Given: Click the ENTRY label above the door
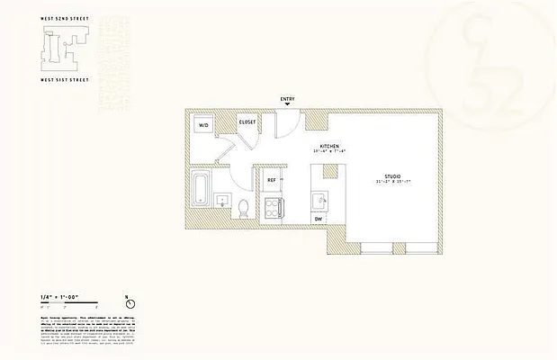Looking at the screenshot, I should tap(287, 100).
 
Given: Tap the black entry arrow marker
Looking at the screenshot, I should tap(287, 107).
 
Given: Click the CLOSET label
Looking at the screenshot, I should tap(247, 121).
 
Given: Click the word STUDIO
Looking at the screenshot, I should tap(392, 176).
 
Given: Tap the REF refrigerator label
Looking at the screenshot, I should tap(271, 180).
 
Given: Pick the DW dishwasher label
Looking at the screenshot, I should tap(319, 219).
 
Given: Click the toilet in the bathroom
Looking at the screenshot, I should tap(243, 210).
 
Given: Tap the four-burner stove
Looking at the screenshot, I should tap(271, 209).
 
